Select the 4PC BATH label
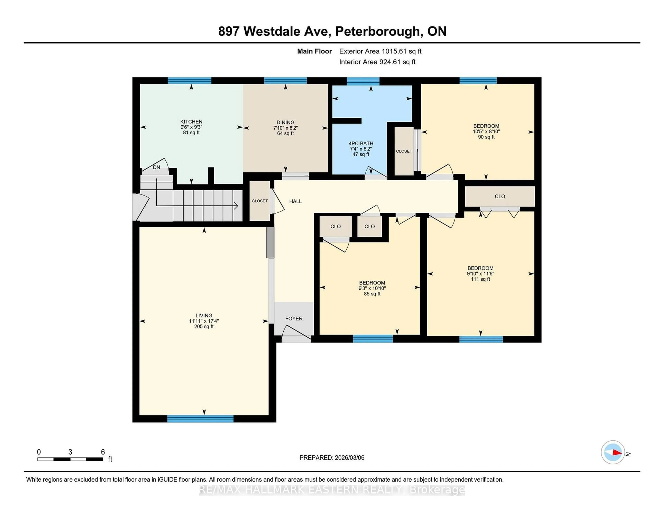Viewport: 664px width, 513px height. click(x=361, y=143)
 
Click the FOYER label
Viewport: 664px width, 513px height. click(x=294, y=318)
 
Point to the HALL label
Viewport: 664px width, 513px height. click(x=295, y=201)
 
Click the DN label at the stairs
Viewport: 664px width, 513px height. click(x=156, y=167)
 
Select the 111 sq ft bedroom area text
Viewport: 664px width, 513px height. click(x=480, y=279)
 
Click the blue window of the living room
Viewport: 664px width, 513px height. click(x=200, y=419)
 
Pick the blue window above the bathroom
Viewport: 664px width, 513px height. click(x=363, y=81)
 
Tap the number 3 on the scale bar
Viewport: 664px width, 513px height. click(x=70, y=452)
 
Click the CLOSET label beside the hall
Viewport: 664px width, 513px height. click(x=260, y=201)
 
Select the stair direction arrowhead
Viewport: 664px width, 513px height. click(x=236, y=206)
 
